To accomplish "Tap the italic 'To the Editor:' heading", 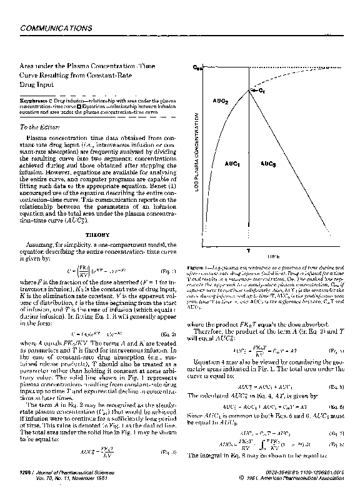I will coord(41,127).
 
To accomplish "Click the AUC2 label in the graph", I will coord(221,101).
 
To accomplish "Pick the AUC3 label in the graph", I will coord(267,163).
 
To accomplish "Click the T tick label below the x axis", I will coord(249,249).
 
